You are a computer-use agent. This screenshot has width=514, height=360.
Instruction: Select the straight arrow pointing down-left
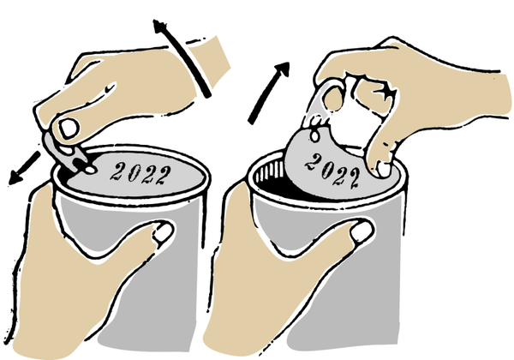point(24,169)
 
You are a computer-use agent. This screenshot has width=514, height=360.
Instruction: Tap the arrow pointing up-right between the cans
point(269,93)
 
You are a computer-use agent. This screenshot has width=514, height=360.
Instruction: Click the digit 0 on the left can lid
point(134,173)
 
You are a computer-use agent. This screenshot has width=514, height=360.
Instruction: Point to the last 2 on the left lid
point(164,176)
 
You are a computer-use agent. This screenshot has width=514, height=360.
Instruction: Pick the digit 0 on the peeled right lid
point(327,170)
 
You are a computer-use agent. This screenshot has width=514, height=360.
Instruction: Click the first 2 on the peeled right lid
point(314,163)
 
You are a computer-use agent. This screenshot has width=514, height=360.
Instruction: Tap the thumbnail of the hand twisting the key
point(69,128)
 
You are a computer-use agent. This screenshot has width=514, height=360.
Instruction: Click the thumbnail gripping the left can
point(164,232)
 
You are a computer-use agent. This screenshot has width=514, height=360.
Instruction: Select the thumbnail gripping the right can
point(362,231)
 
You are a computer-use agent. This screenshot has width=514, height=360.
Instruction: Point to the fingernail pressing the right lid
point(384,169)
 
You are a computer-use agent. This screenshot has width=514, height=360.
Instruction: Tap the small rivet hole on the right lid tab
point(315,135)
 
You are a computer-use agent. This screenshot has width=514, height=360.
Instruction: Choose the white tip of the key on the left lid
point(90,170)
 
